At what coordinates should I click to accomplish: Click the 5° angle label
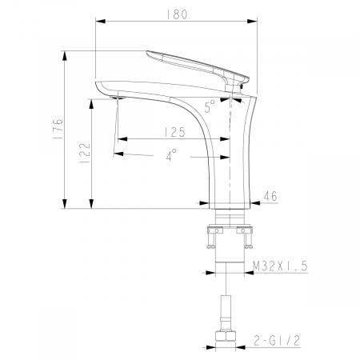pyautogui.click(x=210, y=105)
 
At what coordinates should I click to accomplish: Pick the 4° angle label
pyautogui.click(x=172, y=157)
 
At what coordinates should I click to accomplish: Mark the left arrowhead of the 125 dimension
pyautogui.click(x=121, y=138)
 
